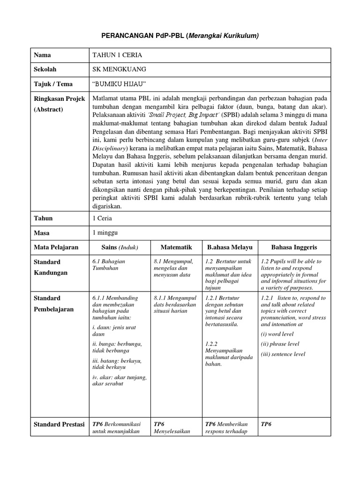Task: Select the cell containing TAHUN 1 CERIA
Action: pyautogui.click(x=117, y=55)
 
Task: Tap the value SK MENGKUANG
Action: pyautogui.click(x=120, y=69)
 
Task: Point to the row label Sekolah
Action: pyautogui.click(x=45, y=69)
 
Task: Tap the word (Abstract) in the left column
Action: pyautogui.click(x=49, y=109)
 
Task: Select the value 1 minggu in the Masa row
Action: pyautogui.click(x=105, y=232)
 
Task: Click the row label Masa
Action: pyautogui.click(x=42, y=232)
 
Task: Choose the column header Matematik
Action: pyautogui.click(x=176, y=247)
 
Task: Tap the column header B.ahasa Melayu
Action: pyautogui.click(x=230, y=247)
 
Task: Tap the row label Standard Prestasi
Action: pyautogui.click(x=59, y=424)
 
